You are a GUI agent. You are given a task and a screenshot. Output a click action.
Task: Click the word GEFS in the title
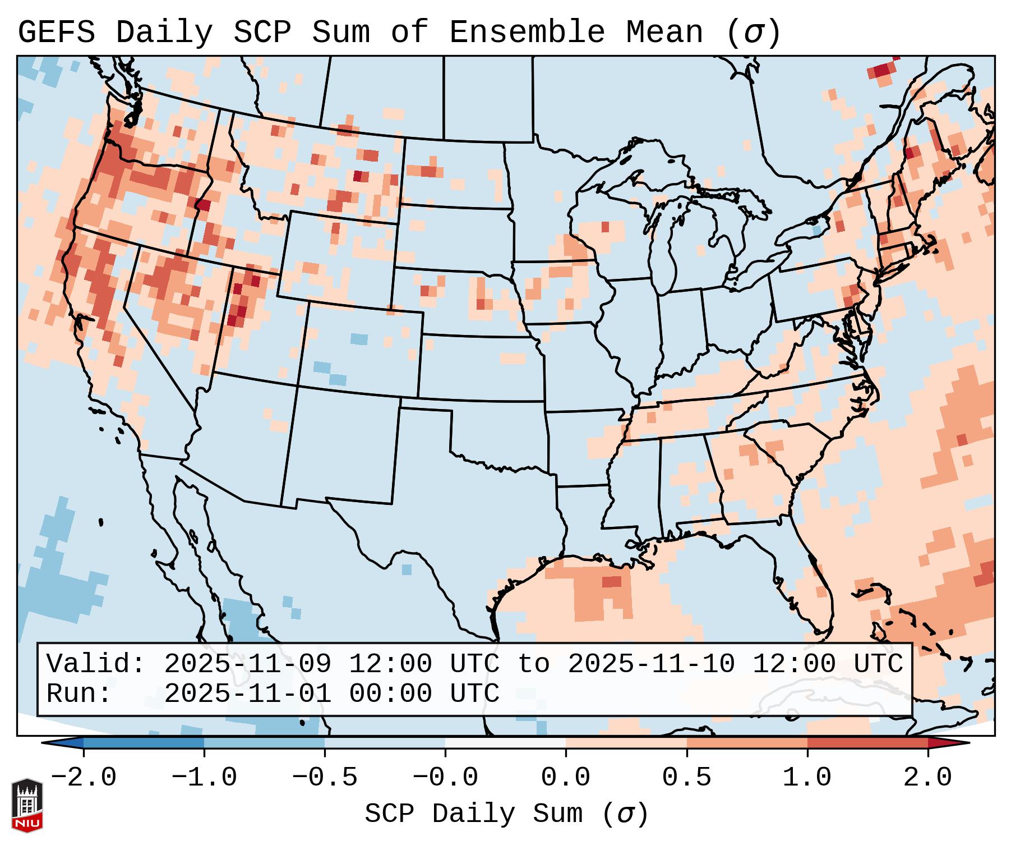pyautogui.click(x=56, y=33)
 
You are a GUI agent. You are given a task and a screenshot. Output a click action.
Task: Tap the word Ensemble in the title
pyautogui.click(x=527, y=33)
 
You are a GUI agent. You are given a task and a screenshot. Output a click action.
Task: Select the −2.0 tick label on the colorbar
pyautogui.click(x=84, y=778)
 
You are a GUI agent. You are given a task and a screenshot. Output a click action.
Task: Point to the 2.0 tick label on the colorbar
pyautogui.click(x=928, y=778)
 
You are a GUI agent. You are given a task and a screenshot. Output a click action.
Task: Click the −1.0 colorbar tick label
pyautogui.click(x=204, y=778)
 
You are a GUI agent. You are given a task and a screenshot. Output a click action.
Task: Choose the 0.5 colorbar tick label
pyautogui.click(x=686, y=778)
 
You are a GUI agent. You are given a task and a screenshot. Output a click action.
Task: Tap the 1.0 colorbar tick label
pyautogui.click(x=807, y=778)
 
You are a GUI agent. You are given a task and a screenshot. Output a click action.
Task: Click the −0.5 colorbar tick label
pyautogui.click(x=325, y=778)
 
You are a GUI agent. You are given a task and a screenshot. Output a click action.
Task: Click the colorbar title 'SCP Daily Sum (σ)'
pyautogui.click(x=506, y=814)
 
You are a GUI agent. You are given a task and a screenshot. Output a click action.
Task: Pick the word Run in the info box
pyautogui.click(x=79, y=694)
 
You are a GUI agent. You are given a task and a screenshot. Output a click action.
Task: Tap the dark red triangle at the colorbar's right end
pyautogui.click(x=948, y=743)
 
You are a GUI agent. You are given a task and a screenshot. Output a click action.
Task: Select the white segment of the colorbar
pyautogui.click(x=505, y=743)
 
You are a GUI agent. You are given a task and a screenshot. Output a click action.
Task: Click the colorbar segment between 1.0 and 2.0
pyautogui.click(x=867, y=743)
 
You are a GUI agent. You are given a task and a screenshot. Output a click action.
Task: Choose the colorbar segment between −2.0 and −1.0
pyautogui.click(x=144, y=743)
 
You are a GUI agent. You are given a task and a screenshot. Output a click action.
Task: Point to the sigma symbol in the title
pyautogui.click(x=754, y=33)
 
